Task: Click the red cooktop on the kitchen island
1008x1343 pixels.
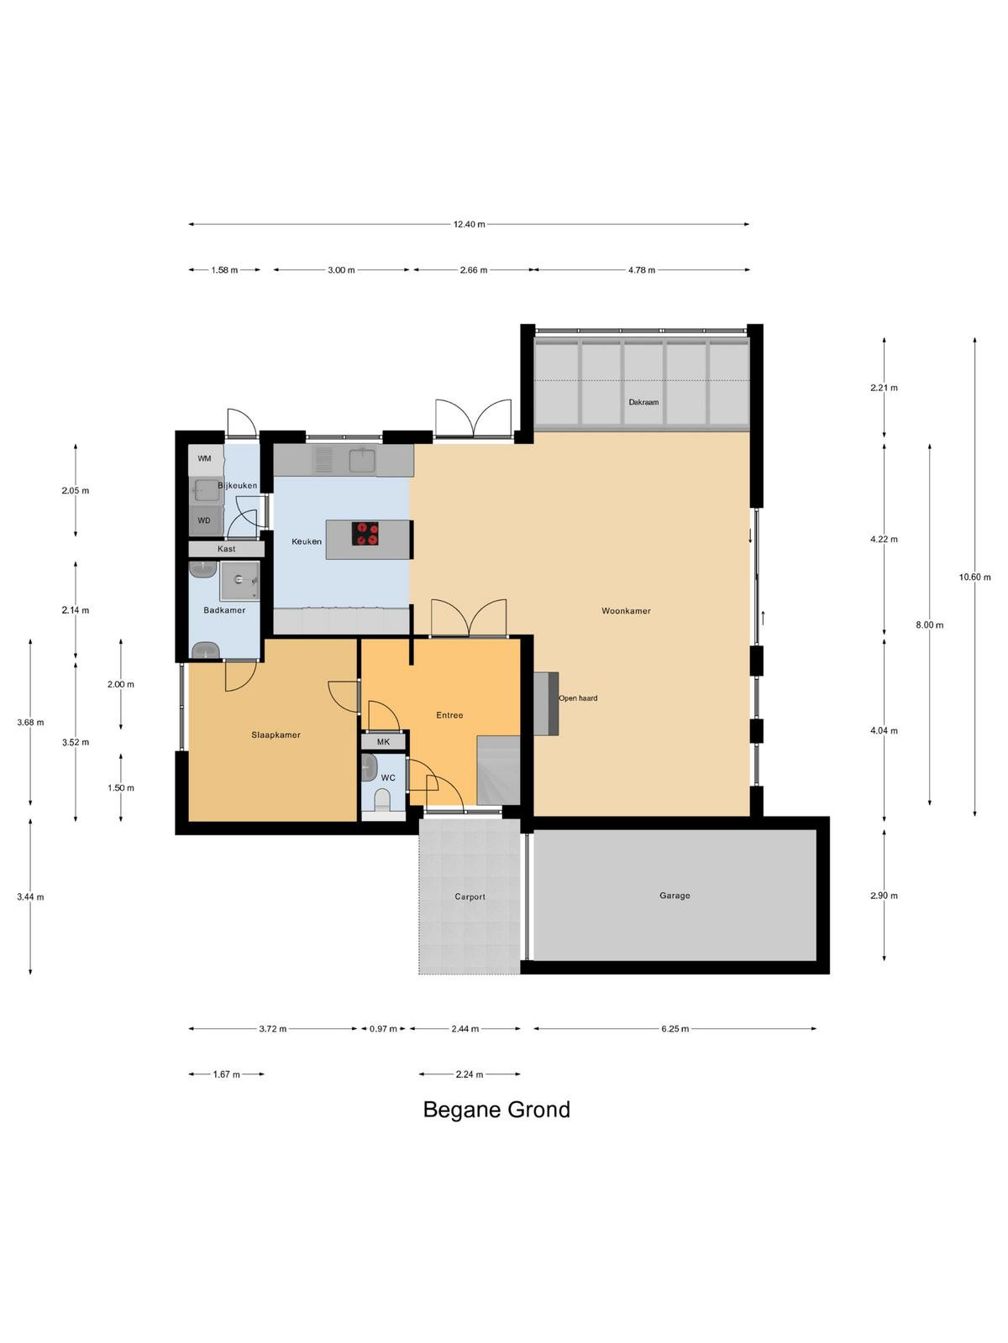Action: (x=365, y=533)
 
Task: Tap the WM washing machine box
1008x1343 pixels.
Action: (x=205, y=459)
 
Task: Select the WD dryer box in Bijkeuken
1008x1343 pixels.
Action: (x=205, y=520)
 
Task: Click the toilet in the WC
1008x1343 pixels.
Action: (x=382, y=799)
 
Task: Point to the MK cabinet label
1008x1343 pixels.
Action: (x=383, y=742)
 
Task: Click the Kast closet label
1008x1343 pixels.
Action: (x=227, y=549)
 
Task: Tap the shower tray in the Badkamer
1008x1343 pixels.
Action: (x=240, y=581)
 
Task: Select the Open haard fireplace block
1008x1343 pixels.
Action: (x=546, y=703)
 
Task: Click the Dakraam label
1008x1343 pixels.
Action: (x=643, y=402)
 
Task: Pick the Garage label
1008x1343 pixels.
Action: (x=675, y=895)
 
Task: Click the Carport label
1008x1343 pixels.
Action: (x=470, y=896)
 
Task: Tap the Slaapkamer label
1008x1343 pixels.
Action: (x=276, y=734)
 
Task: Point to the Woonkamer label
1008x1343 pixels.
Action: (x=626, y=610)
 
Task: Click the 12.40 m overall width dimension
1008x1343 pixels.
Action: (x=469, y=224)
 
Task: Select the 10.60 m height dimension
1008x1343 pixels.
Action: (x=975, y=577)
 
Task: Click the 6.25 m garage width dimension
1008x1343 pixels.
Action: (x=675, y=1028)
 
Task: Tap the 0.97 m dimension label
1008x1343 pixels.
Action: (x=383, y=1028)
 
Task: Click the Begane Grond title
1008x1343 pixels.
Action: (x=496, y=1110)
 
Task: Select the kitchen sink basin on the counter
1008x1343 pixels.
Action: (x=363, y=460)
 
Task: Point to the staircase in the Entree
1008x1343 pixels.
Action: (x=499, y=771)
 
